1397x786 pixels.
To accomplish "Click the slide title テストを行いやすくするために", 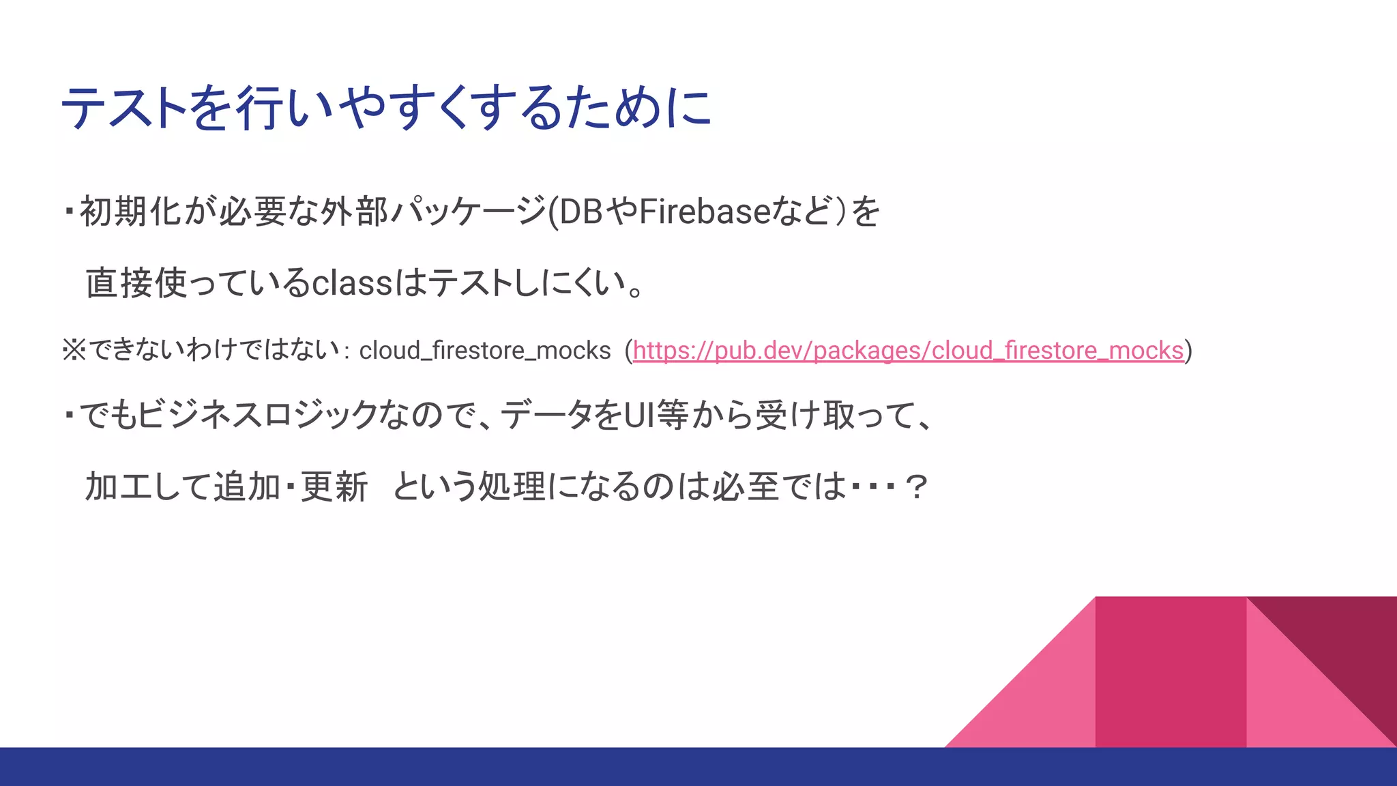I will click(x=386, y=108).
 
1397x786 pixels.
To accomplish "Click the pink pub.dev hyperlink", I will click(x=907, y=351).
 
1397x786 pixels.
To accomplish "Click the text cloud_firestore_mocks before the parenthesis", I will click(x=484, y=351).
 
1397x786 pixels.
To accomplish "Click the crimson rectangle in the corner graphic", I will click(x=1170, y=672).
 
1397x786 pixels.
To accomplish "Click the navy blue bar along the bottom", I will click(x=698, y=767).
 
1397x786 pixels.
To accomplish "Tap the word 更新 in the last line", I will click(x=334, y=487).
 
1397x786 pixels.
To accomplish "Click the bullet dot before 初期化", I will click(x=69, y=211).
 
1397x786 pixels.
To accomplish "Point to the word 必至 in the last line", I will click(x=745, y=487).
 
